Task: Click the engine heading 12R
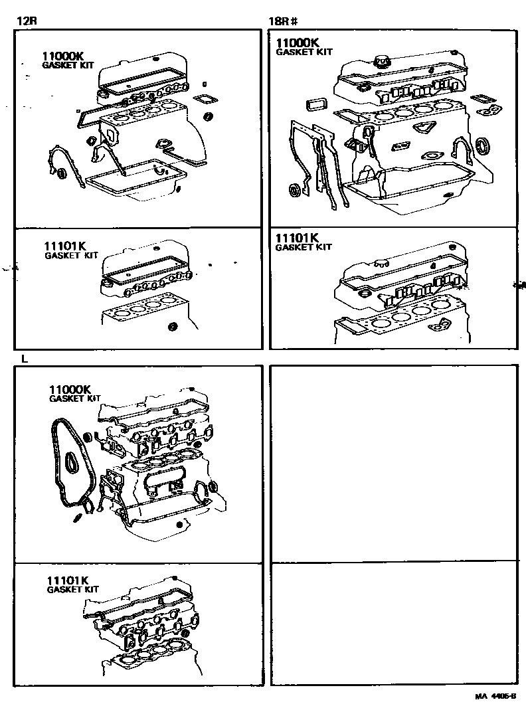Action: [26, 21]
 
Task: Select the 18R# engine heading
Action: [282, 21]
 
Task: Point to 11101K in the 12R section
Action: [66, 246]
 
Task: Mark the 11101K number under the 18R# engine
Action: [298, 237]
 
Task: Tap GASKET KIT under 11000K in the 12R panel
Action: [68, 66]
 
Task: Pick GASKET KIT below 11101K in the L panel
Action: [73, 589]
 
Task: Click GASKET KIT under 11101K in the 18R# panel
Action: [303, 247]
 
